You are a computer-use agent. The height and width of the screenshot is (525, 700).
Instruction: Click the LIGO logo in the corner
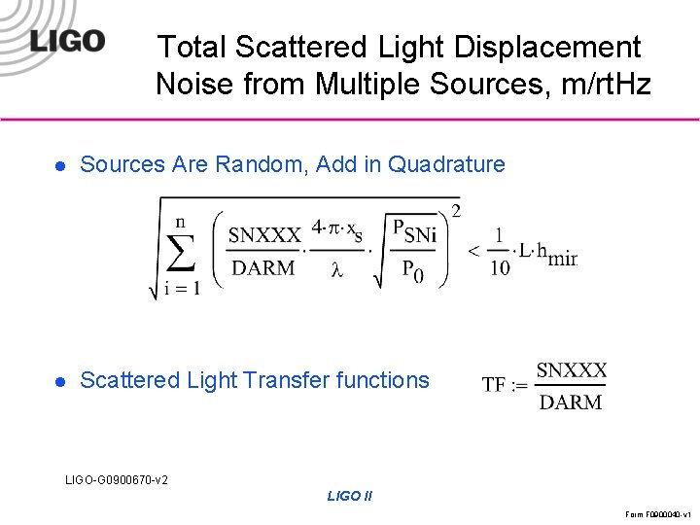coord(67,41)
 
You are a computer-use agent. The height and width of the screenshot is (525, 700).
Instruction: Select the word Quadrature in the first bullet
coord(446,164)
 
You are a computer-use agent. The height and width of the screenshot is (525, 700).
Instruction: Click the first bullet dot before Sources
coord(59,165)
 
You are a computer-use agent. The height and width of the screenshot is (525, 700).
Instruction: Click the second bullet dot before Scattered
coord(59,381)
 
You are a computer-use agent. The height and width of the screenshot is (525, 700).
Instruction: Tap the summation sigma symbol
coord(179,256)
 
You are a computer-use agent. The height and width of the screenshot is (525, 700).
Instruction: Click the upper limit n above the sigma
coord(180,222)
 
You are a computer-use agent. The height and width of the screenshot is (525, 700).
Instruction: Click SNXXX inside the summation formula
coord(264,235)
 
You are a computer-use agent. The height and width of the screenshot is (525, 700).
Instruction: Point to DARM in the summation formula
coord(264,268)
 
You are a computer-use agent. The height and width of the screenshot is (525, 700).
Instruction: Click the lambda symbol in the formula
coord(337,270)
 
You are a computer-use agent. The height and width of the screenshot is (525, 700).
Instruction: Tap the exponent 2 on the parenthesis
coord(456,210)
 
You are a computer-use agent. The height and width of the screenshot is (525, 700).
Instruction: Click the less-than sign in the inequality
coord(473,251)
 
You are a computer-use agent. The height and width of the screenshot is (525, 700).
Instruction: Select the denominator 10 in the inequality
coord(499,268)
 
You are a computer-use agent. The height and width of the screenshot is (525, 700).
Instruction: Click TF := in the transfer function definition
coord(506,385)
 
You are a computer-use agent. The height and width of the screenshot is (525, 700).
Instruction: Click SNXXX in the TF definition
coord(572,369)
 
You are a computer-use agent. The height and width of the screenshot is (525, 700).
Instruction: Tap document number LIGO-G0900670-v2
coord(116,479)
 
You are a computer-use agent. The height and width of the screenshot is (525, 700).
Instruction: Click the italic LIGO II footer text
coord(350,496)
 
